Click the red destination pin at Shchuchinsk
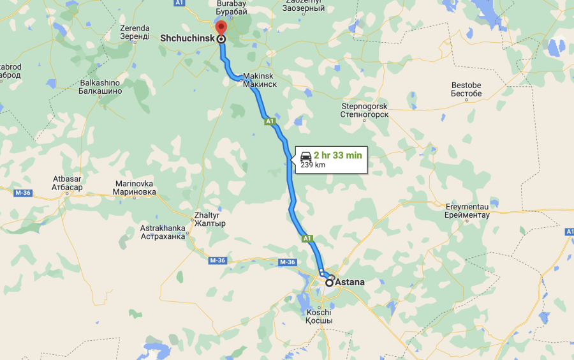point(221,29)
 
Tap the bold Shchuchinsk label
point(187,38)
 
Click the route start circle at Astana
point(329,281)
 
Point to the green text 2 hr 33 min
point(337,155)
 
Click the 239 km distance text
point(313,164)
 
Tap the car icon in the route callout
point(306,155)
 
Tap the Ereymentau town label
point(467,211)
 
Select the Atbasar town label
point(67,183)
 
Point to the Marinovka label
point(135,187)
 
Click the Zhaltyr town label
point(210,220)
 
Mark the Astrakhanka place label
point(163,231)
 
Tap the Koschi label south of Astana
point(319,316)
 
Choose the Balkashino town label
point(99,87)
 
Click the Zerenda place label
point(135,32)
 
